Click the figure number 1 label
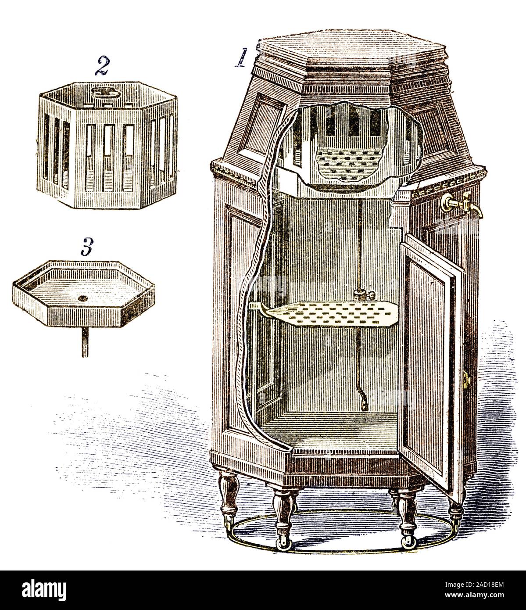[x=240, y=58]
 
